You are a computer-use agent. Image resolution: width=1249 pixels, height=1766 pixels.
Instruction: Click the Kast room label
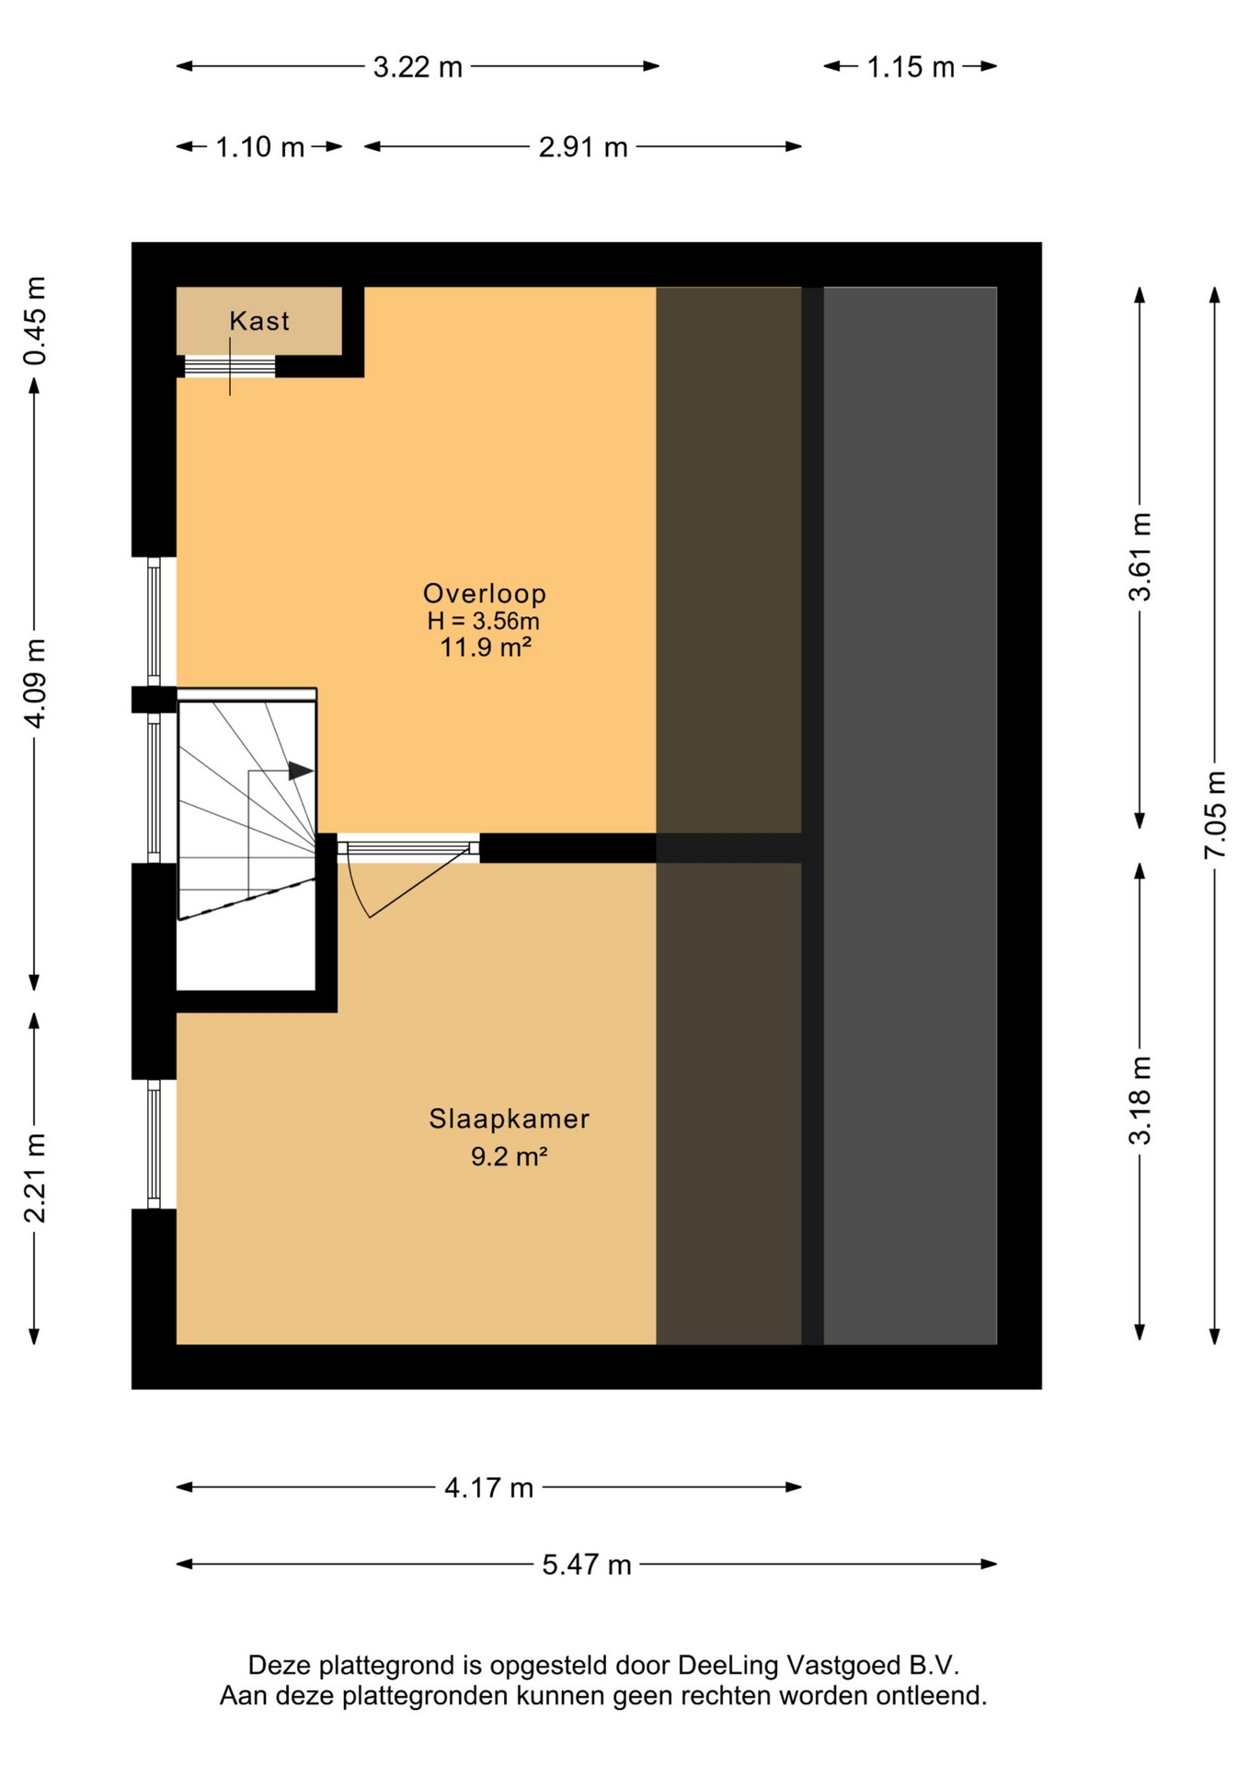tap(259, 321)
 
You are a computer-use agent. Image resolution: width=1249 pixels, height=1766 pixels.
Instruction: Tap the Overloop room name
tap(485, 593)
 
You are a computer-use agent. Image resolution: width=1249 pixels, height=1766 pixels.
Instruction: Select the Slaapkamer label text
tap(509, 1118)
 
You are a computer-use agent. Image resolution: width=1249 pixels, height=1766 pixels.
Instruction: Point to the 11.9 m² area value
tap(486, 648)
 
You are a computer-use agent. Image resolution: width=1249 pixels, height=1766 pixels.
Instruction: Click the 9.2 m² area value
tap(510, 1156)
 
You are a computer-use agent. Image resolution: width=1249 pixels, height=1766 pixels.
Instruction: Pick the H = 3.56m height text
tap(483, 621)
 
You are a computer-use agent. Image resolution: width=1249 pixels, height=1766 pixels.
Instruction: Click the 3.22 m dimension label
tap(418, 67)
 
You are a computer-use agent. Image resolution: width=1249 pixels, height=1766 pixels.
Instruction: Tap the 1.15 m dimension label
tap(911, 67)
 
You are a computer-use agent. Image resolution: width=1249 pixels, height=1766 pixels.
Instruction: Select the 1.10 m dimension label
tap(259, 147)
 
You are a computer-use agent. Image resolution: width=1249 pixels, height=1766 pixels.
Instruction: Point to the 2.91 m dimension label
tap(583, 147)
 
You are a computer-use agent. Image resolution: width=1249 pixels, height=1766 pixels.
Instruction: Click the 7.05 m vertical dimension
tap(1215, 815)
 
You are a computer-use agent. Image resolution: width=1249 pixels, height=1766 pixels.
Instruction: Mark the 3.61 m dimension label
tap(1140, 557)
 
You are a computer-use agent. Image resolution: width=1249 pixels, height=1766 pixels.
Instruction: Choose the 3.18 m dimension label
tap(1140, 1101)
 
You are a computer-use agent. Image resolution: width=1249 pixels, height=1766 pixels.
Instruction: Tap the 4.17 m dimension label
tap(488, 1487)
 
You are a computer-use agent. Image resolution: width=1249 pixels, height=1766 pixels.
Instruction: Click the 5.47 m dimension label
tap(587, 1565)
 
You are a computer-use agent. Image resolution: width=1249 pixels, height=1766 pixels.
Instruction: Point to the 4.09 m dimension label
tap(34, 683)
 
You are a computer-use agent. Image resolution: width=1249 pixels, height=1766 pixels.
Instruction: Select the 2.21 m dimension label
tap(34, 1179)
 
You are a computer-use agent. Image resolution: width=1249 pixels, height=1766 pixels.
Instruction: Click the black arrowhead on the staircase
tap(301, 771)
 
